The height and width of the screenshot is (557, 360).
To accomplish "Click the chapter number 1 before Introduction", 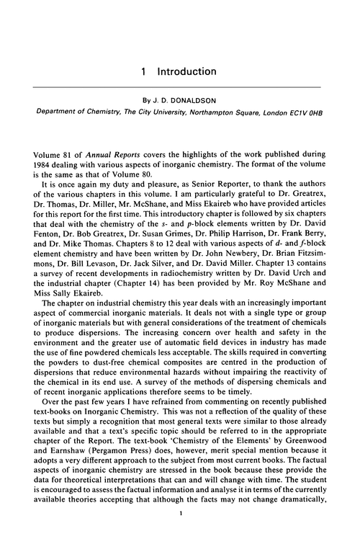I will [145, 72].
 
